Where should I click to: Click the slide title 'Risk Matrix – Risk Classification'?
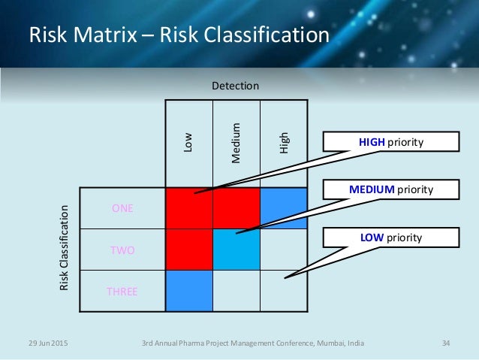pos(179,35)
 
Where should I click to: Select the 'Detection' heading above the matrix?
pos(236,86)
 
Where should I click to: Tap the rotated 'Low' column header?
pos(189,144)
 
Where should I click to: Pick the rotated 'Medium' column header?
pos(236,143)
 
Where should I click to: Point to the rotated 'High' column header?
pos(283,143)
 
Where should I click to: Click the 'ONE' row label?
pos(122,209)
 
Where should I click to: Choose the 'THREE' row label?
pos(122,292)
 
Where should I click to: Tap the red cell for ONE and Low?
pos(189,208)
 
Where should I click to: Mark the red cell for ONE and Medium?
pos(236,208)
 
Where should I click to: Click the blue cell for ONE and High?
pos(283,208)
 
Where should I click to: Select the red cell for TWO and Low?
pos(189,250)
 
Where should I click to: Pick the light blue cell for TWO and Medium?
pos(236,250)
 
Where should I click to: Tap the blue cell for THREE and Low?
pos(189,291)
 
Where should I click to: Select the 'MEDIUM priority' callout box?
pos(390,189)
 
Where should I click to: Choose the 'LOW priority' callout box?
pos(390,237)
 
